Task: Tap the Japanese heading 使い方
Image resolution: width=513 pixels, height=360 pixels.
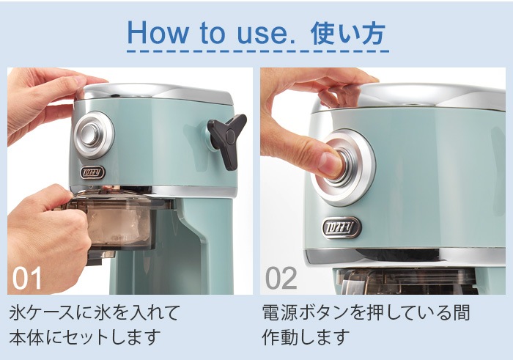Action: (x=347, y=34)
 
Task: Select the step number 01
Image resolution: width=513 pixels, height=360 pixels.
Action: (x=27, y=278)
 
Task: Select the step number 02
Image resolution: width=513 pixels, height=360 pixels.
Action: (x=281, y=278)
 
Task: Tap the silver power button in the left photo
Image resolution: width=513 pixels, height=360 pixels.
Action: (x=94, y=134)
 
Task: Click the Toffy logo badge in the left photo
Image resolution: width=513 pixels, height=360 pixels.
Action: (x=92, y=173)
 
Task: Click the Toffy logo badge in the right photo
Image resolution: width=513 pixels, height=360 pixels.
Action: (x=342, y=227)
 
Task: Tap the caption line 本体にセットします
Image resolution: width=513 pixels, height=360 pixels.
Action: (x=85, y=337)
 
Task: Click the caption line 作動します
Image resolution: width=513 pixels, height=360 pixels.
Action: (x=306, y=337)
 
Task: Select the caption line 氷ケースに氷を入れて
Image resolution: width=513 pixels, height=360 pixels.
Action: (x=95, y=312)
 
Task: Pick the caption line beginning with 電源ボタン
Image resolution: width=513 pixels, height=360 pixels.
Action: (x=366, y=312)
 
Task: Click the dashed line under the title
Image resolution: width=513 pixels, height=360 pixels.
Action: (x=258, y=51)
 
